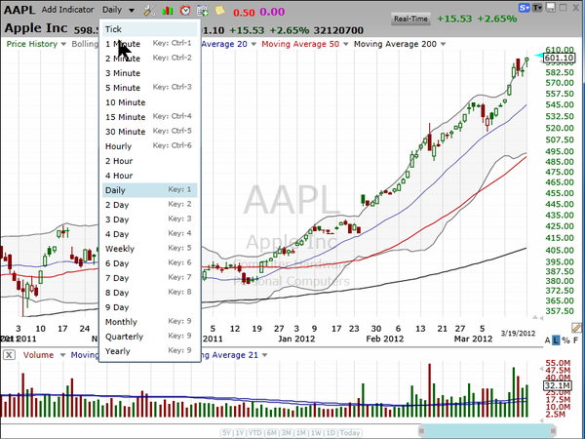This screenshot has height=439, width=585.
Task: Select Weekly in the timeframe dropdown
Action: point(120,249)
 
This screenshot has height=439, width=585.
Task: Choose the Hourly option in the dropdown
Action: point(119,145)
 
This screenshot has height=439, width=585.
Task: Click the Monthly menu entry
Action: point(122,322)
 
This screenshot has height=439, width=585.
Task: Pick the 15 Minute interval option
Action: point(125,116)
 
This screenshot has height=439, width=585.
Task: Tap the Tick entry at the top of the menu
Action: point(114,29)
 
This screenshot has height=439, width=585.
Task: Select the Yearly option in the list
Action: point(118,350)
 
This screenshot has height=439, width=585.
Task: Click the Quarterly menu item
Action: point(124,336)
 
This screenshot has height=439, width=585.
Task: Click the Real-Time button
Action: point(409,19)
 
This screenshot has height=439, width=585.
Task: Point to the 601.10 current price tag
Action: point(558,58)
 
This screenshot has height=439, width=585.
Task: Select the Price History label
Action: point(31,44)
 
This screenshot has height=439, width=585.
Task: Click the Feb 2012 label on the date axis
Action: point(385,339)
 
